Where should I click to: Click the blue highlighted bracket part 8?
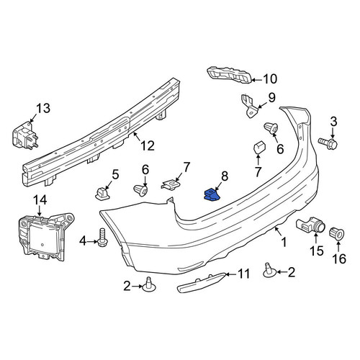click(x=212, y=194)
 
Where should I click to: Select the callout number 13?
click(x=43, y=108)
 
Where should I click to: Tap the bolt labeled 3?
click(x=328, y=143)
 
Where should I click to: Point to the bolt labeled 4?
click(x=102, y=238)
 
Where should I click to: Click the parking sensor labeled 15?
click(x=311, y=225)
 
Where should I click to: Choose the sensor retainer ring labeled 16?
click(x=338, y=233)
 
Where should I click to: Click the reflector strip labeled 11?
click(x=201, y=282)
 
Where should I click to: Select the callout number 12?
click(x=148, y=145)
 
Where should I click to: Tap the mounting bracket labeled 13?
click(x=25, y=135)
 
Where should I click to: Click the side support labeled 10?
click(x=230, y=75)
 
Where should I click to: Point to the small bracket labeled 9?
click(x=250, y=106)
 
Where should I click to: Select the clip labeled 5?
click(x=103, y=194)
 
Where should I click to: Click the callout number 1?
click(x=284, y=242)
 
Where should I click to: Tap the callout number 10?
click(x=270, y=79)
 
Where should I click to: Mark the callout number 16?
click(x=339, y=258)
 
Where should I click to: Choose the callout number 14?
click(x=40, y=199)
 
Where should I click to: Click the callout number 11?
click(x=244, y=274)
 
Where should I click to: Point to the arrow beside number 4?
click(x=92, y=241)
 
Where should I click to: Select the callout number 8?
click(x=225, y=176)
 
